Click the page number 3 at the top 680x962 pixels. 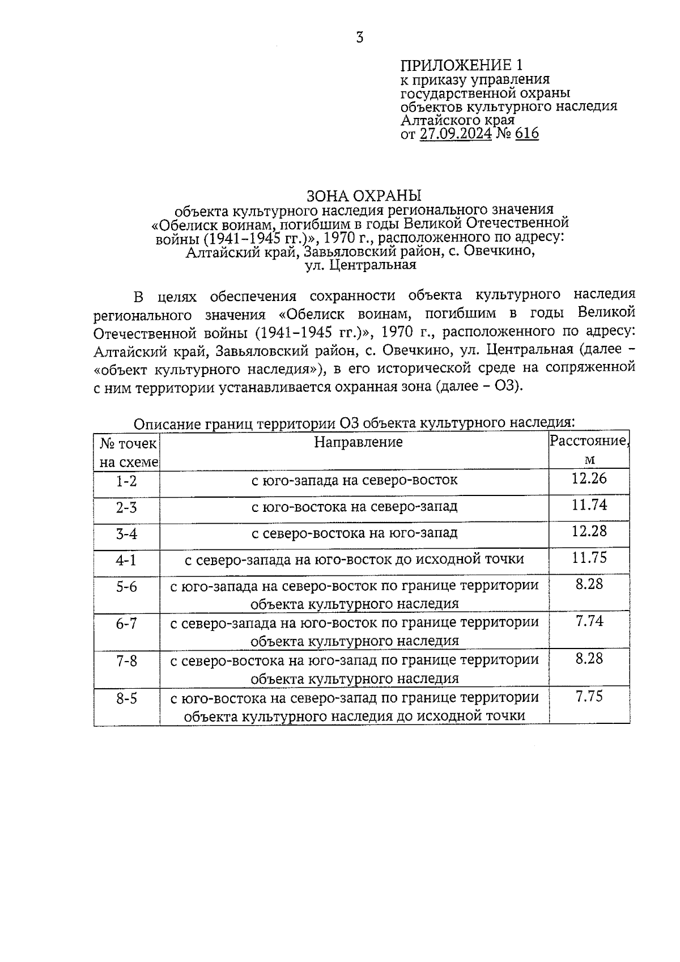coord(359,38)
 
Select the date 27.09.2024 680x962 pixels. coord(456,134)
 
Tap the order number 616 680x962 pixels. coord(527,134)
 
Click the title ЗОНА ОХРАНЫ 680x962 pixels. coord(364,196)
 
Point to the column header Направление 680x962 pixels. coord(358,442)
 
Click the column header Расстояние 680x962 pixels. coord(589,441)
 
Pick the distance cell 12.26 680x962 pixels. coord(589,478)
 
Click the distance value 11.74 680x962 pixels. coord(589,505)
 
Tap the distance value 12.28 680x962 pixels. coord(589,531)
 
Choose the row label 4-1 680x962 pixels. coord(126,560)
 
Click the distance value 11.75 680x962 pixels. coord(589,557)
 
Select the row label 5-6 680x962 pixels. coord(126,587)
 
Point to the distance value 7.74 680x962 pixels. coord(589,621)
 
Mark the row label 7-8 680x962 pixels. coord(126,661)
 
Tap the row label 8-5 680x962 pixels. coord(126,698)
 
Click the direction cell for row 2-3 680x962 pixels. coord(354,506)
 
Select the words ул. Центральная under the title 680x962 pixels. coord(360,265)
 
